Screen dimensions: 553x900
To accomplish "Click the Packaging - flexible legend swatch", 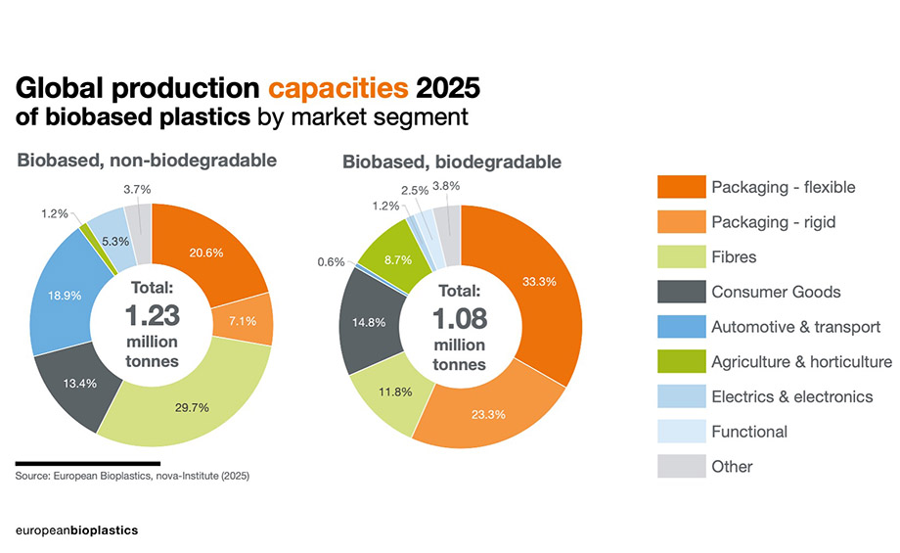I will tap(679, 187).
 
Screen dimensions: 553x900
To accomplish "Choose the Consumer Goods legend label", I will tap(776, 292).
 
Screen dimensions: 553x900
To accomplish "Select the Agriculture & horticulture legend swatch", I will tap(679, 362).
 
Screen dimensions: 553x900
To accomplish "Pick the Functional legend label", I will tap(748, 432).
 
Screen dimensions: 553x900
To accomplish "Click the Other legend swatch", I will tap(679, 467).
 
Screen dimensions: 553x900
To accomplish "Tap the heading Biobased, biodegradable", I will tap(451, 161).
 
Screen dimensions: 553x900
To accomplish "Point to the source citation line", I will tap(132, 476).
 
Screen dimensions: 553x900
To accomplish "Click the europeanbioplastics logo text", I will tap(76, 530).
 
